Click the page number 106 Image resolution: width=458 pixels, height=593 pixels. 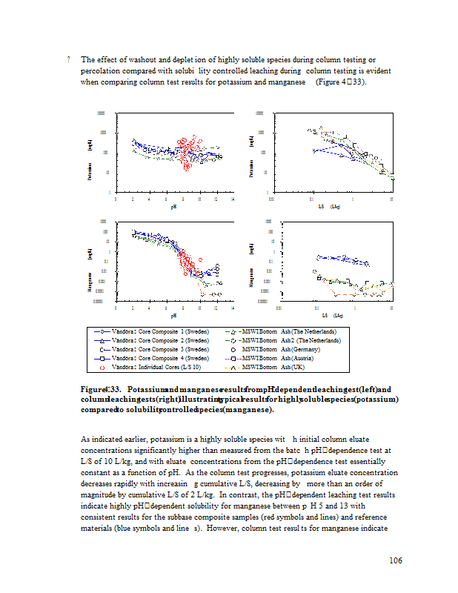[x=395, y=560]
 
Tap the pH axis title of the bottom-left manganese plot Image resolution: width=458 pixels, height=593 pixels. [x=174, y=315]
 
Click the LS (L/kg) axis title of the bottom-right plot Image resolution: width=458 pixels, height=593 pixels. [x=335, y=315]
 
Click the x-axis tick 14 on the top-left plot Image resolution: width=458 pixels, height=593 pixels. [x=233, y=199]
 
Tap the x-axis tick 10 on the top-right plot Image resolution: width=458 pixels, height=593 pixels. [x=391, y=199]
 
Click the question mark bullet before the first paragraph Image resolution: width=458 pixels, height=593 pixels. [x=68, y=59]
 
